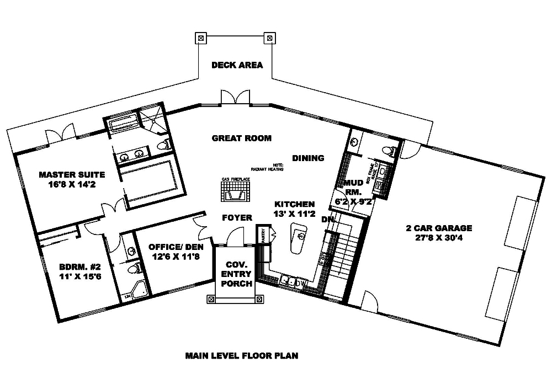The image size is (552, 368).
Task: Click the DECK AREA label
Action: click(237, 65)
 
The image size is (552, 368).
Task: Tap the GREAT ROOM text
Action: click(242, 138)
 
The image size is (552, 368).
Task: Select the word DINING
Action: click(308, 158)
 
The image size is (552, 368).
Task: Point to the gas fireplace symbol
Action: click(237, 194)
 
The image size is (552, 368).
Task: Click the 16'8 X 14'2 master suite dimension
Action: click(72, 185)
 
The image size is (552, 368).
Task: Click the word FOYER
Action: click(237, 218)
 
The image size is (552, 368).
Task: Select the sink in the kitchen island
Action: click(300, 236)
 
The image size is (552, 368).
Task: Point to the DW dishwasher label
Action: click(301, 284)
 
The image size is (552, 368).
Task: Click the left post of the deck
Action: click(200, 39)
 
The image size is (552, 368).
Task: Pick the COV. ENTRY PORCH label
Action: click(236, 274)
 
